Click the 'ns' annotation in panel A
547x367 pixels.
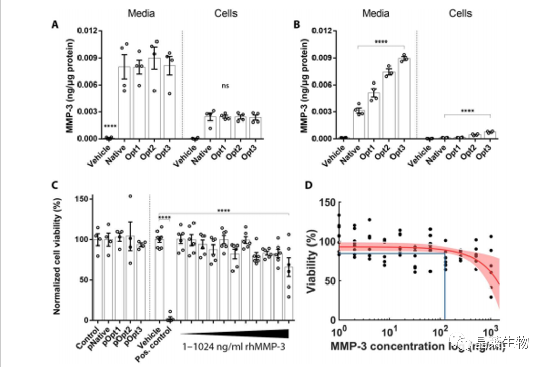click(x=226, y=86)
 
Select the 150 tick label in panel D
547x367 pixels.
click(x=325, y=203)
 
